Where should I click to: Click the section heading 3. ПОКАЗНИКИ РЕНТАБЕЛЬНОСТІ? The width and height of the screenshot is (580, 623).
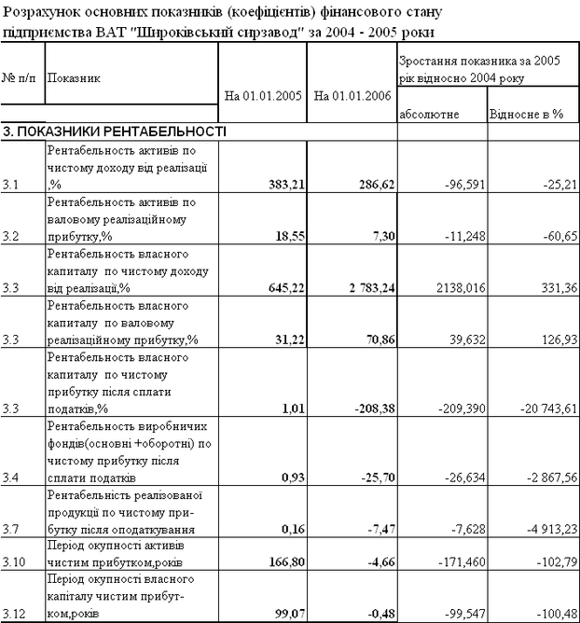tap(115, 132)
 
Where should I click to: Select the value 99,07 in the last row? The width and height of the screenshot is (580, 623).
tap(284, 613)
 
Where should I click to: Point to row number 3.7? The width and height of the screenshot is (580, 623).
tap(12, 528)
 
